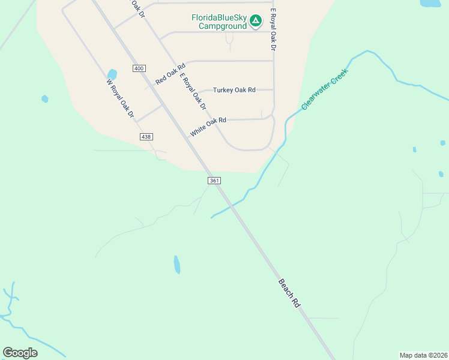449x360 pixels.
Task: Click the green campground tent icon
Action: (x=256, y=22)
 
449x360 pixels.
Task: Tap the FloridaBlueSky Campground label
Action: (x=219, y=22)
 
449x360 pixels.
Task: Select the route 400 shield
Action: (x=139, y=69)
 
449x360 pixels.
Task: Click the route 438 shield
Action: (x=146, y=137)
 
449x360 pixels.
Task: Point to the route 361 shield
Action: (x=213, y=181)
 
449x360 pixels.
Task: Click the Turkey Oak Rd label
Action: (x=234, y=90)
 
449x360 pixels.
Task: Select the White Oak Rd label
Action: (x=208, y=126)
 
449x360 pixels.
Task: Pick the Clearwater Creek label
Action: (x=325, y=88)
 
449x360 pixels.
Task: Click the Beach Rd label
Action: (x=289, y=294)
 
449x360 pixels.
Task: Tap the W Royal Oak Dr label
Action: (x=119, y=99)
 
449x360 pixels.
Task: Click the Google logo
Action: (x=20, y=353)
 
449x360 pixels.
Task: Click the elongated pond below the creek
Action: (x=176, y=265)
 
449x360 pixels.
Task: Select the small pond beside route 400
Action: (x=112, y=74)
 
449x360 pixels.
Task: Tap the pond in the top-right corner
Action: (x=430, y=3)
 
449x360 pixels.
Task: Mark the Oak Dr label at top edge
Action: (x=138, y=8)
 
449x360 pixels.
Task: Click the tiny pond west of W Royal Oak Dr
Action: (x=44, y=99)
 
